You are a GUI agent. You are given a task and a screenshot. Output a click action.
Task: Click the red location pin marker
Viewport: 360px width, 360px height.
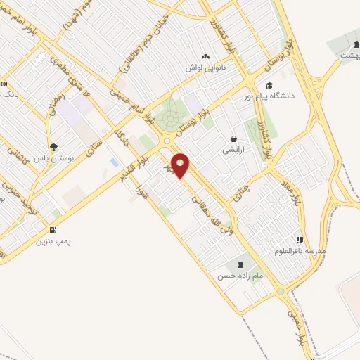[x=181, y=165]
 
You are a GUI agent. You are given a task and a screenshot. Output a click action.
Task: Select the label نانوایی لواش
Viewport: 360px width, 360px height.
[x=203, y=67]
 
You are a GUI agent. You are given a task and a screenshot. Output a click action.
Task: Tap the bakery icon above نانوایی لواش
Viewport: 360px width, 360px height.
[x=205, y=57]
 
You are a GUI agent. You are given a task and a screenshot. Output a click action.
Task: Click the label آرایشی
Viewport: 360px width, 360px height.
[x=233, y=150]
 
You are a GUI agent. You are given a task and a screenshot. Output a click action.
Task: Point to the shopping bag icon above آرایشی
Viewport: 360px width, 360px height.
[x=233, y=139]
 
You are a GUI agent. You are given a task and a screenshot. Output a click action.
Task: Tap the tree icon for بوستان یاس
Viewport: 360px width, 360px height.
[x=54, y=147]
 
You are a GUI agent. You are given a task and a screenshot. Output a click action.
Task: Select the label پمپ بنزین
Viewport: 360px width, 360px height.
[x=55, y=240]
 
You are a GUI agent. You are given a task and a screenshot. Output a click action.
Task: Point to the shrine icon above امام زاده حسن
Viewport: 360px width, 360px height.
[x=242, y=265]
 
